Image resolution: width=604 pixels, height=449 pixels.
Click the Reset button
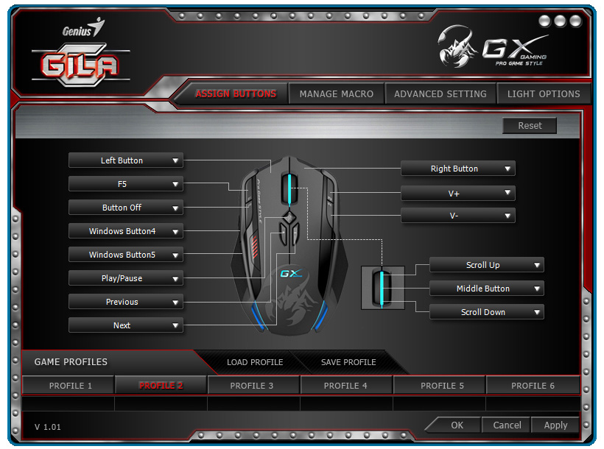529,126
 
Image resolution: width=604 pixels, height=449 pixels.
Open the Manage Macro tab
336,94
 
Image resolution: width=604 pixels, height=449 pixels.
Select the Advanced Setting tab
440,94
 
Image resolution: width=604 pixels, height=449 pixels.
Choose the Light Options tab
544,94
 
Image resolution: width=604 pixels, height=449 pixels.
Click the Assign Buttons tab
235,94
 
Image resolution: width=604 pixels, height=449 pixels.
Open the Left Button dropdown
126,160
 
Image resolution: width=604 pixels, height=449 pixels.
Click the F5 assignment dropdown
126,184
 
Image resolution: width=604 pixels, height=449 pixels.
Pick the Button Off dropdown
126,208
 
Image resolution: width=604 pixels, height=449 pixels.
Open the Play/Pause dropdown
126,278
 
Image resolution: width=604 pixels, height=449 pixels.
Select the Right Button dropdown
457,169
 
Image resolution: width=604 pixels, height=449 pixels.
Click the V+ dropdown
457,193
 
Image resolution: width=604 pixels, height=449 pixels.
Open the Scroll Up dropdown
486,265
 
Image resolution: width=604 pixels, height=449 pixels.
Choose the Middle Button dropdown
486,289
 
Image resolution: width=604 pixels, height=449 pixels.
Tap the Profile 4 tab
345,386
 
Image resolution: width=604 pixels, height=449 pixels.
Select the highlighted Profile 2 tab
161,386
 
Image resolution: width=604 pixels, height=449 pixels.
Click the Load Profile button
255,362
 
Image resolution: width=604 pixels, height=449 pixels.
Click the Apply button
555,425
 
